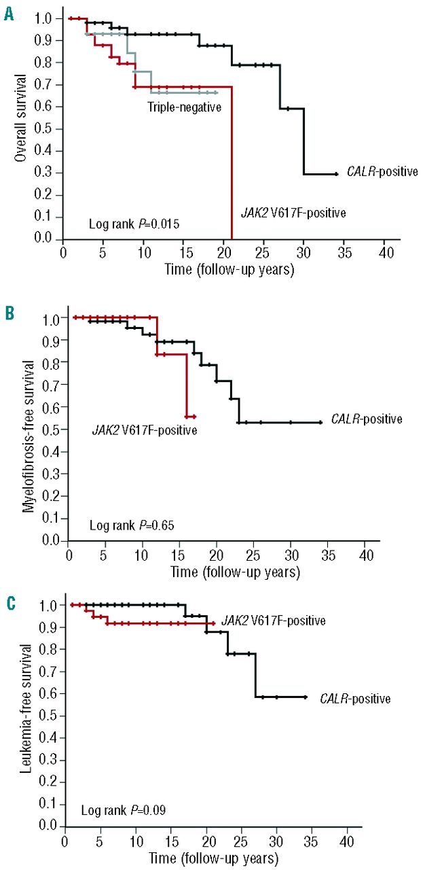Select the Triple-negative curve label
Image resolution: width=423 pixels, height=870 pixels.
coord(184,106)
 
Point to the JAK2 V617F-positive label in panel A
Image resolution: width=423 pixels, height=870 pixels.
coord(293,213)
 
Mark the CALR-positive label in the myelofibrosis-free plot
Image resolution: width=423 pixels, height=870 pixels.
coord(367,419)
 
